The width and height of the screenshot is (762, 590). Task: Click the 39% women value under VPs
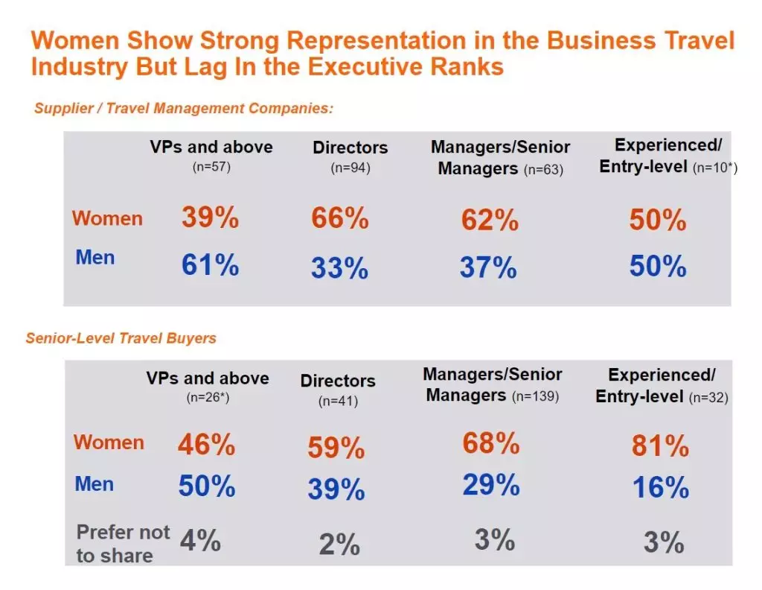(x=210, y=218)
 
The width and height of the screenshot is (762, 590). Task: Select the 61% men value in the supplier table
(x=210, y=264)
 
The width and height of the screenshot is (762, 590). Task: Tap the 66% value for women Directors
(x=339, y=219)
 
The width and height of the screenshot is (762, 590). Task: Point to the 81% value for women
(x=660, y=445)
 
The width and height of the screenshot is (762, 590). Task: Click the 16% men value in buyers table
(x=660, y=487)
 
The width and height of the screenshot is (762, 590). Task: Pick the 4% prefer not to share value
(x=199, y=541)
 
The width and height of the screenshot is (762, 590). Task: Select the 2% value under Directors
(x=339, y=545)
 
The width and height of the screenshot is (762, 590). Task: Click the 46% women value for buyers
(x=206, y=445)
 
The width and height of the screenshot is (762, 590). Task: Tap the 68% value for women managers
(x=490, y=443)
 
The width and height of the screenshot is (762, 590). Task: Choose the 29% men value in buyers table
(x=490, y=485)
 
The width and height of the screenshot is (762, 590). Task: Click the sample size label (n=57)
(x=211, y=168)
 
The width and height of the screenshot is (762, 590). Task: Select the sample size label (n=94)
(x=350, y=168)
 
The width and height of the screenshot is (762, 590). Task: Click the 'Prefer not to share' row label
(x=123, y=544)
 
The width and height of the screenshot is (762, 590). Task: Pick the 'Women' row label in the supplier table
(x=107, y=219)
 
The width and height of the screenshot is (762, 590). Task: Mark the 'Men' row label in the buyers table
(x=95, y=484)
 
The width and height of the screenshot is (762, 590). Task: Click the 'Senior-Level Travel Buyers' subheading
(x=121, y=338)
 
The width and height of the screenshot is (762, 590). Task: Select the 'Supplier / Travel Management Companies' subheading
(x=183, y=108)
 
